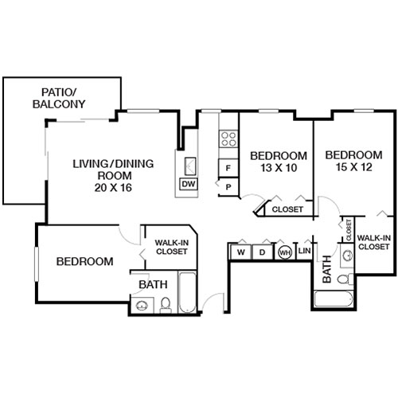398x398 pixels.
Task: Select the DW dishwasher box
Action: (189, 185)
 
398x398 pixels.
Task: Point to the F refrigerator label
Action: (229, 168)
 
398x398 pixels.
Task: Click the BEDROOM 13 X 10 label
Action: (278, 161)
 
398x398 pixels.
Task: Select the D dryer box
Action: (262, 252)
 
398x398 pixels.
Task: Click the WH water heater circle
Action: (284, 252)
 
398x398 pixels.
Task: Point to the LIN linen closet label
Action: (304, 252)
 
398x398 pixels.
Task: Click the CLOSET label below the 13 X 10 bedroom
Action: (287, 210)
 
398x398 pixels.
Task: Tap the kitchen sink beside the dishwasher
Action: (192, 166)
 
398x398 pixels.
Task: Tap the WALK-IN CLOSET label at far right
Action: (373, 242)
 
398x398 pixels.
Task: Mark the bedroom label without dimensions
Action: (84, 261)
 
